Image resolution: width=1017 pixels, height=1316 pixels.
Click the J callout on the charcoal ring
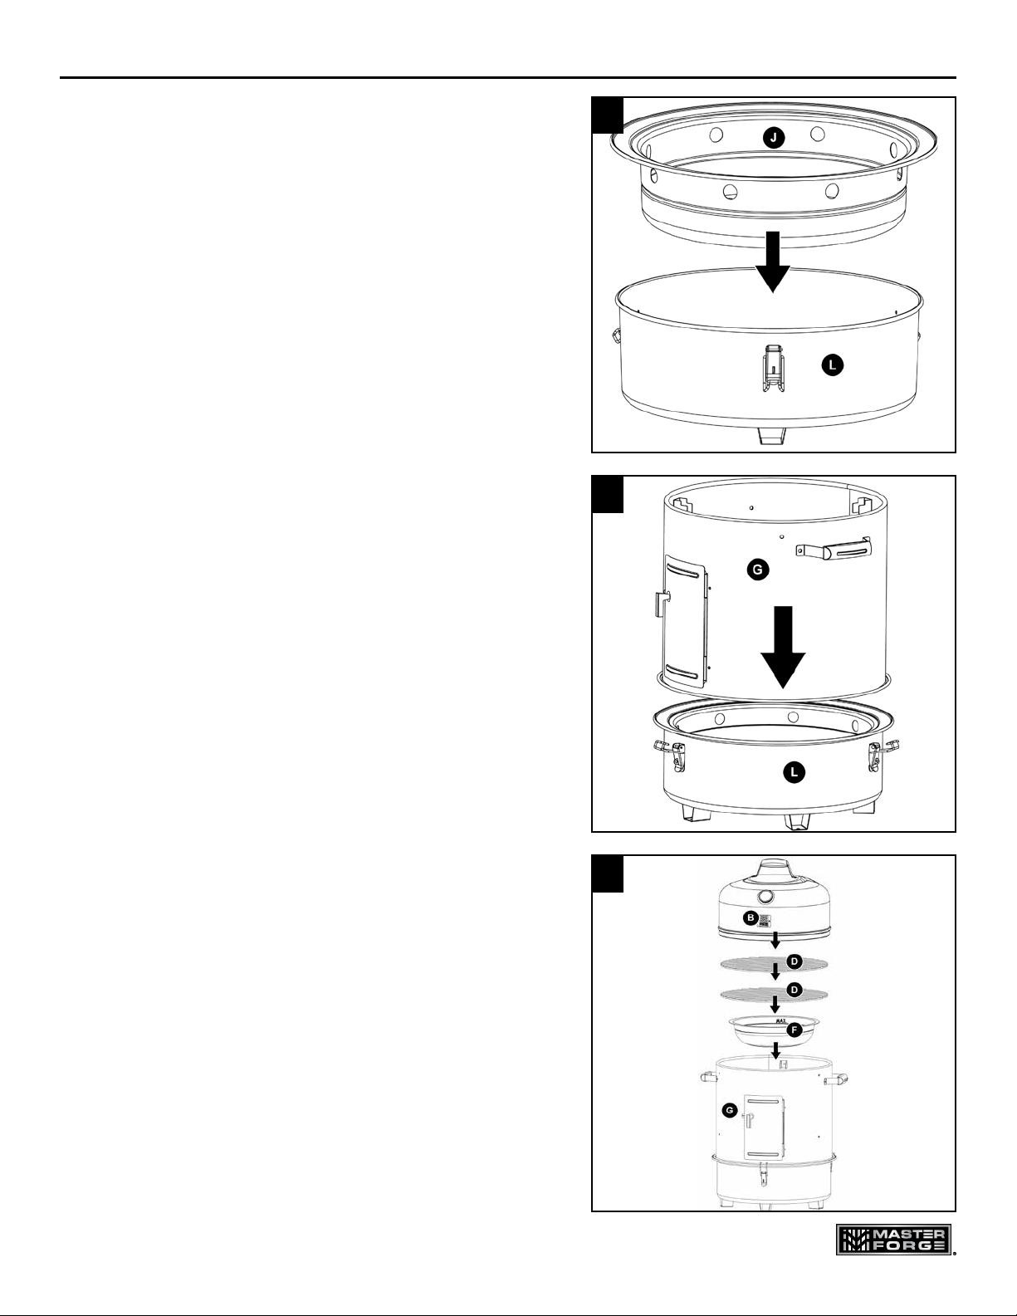click(773, 138)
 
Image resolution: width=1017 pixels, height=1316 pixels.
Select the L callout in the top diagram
click(833, 365)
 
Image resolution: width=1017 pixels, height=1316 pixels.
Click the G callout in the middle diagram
click(757, 570)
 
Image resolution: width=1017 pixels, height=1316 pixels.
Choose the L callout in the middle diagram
click(795, 772)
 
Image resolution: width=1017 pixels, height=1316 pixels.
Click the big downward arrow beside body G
click(784, 647)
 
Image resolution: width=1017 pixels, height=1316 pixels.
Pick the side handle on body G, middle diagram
click(833, 548)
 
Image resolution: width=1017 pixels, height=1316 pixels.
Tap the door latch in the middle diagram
click(663, 604)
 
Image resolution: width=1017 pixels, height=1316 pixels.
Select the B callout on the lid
click(750, 918)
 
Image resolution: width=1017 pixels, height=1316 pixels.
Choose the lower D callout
click(794, 990)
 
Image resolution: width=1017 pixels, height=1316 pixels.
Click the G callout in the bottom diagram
click(730, 1109)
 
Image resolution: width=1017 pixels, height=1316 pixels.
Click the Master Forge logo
click(893, 1239)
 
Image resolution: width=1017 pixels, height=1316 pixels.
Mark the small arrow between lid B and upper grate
click(775, 940)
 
